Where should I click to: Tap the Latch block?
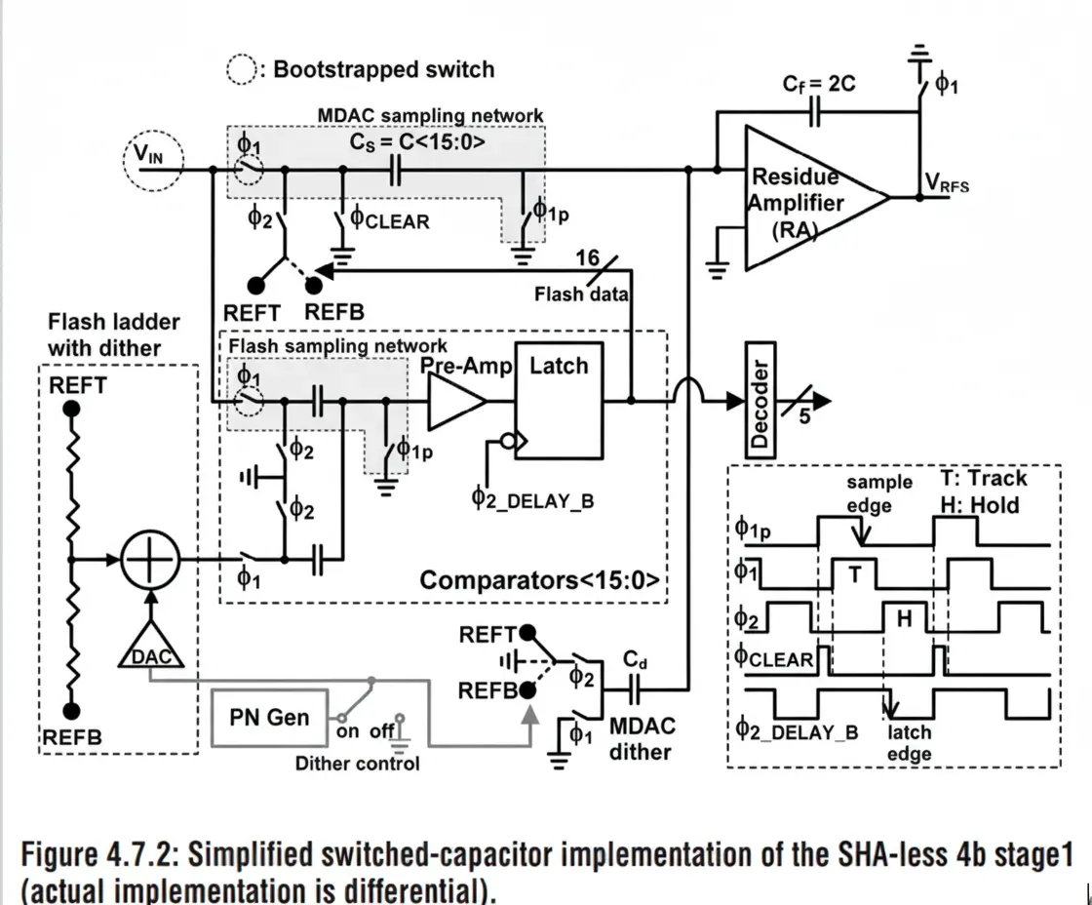coord(560,399)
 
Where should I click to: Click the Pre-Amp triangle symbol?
coord(455,401)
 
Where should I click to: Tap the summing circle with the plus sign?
coord(151,561)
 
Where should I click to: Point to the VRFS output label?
coord(947,182)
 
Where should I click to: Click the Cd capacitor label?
coord(636,661)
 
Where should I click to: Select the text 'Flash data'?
coord(582,294)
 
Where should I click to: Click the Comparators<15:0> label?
coord(541,581)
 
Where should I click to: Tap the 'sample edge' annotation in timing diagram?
coord(878,493)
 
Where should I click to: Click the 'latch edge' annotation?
coord(909,742)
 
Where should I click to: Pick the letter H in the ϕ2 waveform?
coord(904,616)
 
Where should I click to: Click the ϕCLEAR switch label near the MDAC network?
coord(390,220)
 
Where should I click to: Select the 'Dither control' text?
coord(357,764)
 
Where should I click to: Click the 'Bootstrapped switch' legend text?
coord(383,69)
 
